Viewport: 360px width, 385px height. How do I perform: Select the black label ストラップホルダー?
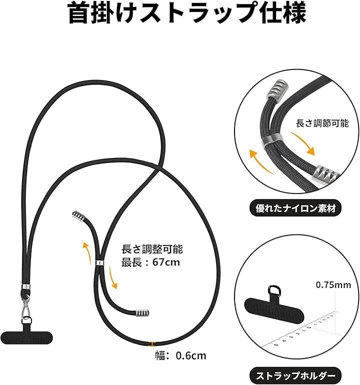295,375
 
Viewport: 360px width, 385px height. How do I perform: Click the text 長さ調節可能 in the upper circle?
322,123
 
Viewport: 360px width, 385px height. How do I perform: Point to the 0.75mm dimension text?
333,285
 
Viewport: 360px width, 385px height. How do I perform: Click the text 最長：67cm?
151,262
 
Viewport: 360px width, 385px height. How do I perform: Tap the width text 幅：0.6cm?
180,355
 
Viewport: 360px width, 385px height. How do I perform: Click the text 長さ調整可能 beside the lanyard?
152,249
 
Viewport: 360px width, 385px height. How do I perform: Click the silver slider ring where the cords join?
99,262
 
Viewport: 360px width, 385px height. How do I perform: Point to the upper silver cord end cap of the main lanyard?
78,216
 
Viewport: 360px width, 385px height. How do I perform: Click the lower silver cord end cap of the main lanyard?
142,313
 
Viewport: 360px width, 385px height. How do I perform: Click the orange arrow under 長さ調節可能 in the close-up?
302,142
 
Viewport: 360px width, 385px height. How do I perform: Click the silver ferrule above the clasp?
26,287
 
